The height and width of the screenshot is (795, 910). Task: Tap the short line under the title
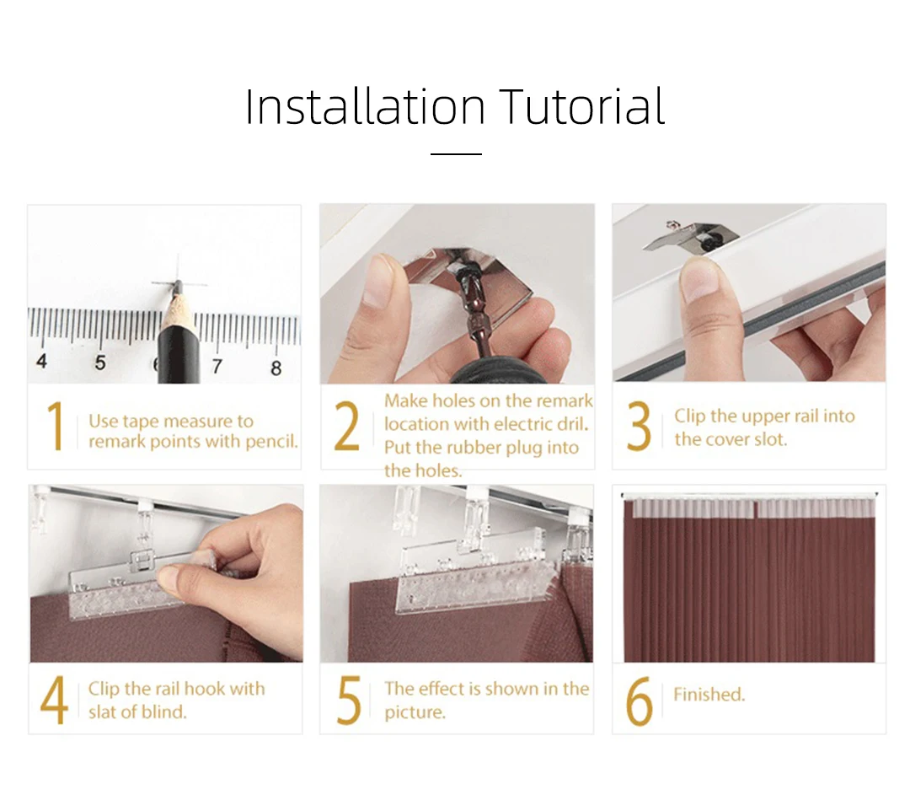tap(456, 154)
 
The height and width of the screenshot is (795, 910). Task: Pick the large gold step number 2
tap(346, 426)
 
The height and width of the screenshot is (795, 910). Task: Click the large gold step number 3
tap(639, 426)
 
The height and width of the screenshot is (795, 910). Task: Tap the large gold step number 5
tap(349, 700)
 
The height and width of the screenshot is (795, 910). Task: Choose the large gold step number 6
tap(640, 700)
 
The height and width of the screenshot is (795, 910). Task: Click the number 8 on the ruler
tap(276, 368)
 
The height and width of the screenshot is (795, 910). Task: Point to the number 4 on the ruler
tap(41, 361)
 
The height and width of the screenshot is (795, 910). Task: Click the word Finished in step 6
tap(709, 694)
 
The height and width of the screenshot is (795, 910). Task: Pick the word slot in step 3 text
tap(769, 439)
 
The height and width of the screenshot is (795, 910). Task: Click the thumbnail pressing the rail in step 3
tap(701, 277)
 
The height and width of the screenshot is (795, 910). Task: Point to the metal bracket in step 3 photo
tap(691, 237)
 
